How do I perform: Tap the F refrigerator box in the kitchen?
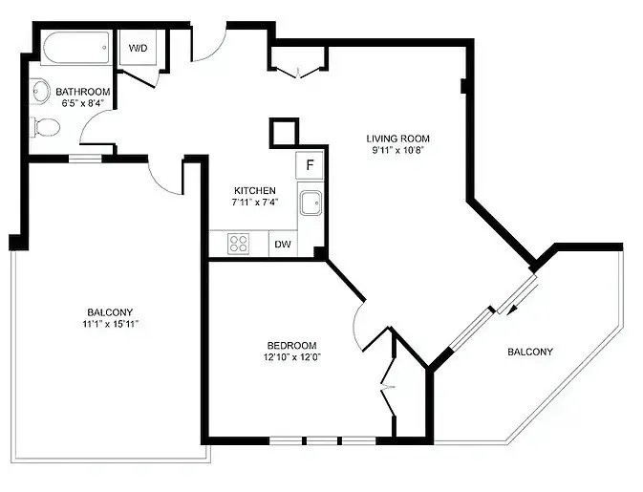(310, 164)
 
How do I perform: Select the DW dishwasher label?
(284, 245)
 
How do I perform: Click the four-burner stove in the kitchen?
(239, 245)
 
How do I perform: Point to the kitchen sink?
(311, 203)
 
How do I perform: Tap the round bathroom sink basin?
(40, 92)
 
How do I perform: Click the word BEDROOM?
(292, 345)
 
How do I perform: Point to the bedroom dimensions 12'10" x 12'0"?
(292, 357)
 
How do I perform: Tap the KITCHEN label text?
(254, 190)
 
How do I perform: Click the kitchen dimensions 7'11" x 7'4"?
(254, 203)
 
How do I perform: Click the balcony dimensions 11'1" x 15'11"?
(110, 324)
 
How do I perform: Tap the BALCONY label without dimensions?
(529, 352)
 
